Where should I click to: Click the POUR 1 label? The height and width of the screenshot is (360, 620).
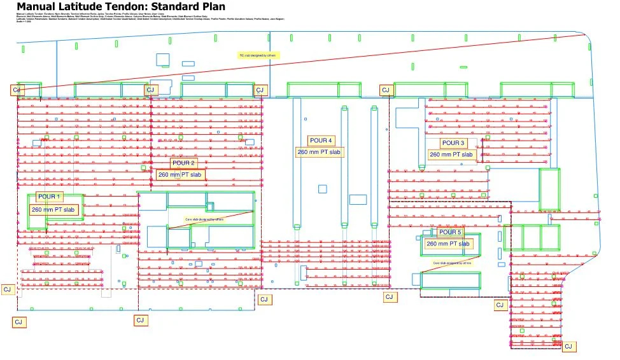click(x=50, y=197)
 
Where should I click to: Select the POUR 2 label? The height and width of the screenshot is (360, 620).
click(x=184, y=163)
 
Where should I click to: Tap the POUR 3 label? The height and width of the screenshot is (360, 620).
click(x=453, y=143)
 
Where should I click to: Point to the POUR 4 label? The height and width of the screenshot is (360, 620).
click(x=320, y=141)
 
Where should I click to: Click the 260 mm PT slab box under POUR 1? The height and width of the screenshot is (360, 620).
click(x=54, y=209)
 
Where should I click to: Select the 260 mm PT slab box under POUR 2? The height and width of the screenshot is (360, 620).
click(x=180, y=174)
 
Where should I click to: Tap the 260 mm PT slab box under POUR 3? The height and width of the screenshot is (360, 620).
click(x=451, y=155)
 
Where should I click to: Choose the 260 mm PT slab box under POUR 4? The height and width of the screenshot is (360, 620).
click(x=318, y=152)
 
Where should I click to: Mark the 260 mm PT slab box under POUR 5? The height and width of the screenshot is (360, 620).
click(x=448, y=244)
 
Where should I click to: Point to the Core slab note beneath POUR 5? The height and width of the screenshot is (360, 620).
click(x=452, y=263)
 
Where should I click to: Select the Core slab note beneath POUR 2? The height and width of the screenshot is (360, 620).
click(x=204, y=219)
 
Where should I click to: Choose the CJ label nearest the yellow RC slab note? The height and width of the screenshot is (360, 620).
click(x=259, y=90)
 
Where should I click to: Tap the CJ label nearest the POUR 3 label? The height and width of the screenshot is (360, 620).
click(x=385, y=90)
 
